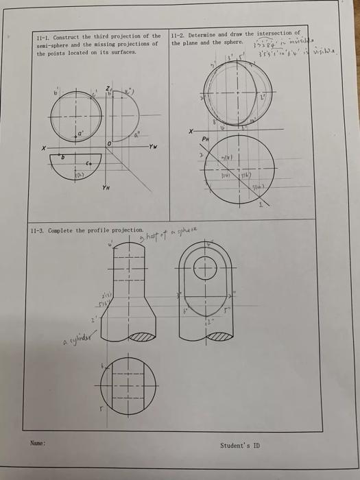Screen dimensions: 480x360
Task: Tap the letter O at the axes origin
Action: (x=109, y=143)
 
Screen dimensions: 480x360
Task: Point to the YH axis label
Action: (x=106, y=187)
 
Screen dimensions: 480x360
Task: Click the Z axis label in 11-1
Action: (x=107, y=87)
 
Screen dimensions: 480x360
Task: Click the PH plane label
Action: (x=204, y=138)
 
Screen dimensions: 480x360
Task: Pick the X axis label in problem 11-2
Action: (x=190, y=131)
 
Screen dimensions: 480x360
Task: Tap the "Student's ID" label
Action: (x=240, y=445)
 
